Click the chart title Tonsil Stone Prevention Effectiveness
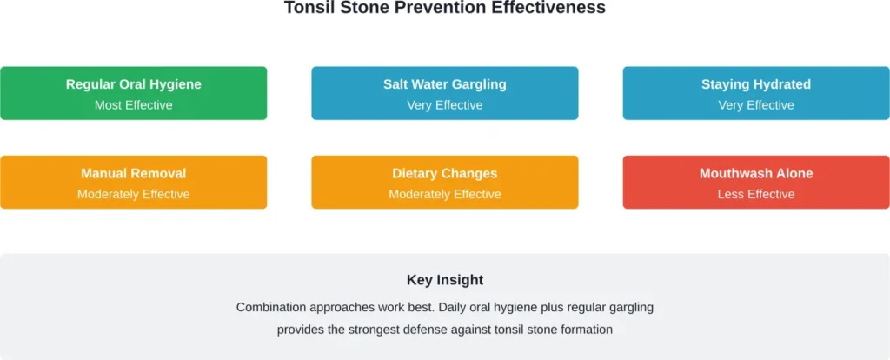click(444, 8)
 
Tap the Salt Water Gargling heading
click(444, 84)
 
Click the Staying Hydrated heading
click(755, 84)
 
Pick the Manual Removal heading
click(133, 173)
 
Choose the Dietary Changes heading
click(444, 173)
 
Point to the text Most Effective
click(133, 105)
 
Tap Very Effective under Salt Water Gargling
click(444, 105)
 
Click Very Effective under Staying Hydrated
click(755, 105)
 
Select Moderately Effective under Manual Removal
click(133, 194)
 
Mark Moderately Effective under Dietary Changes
click(444, 194)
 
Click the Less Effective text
click(755, 194)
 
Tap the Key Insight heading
click(444, 280)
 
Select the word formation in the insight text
click(584, 330)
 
